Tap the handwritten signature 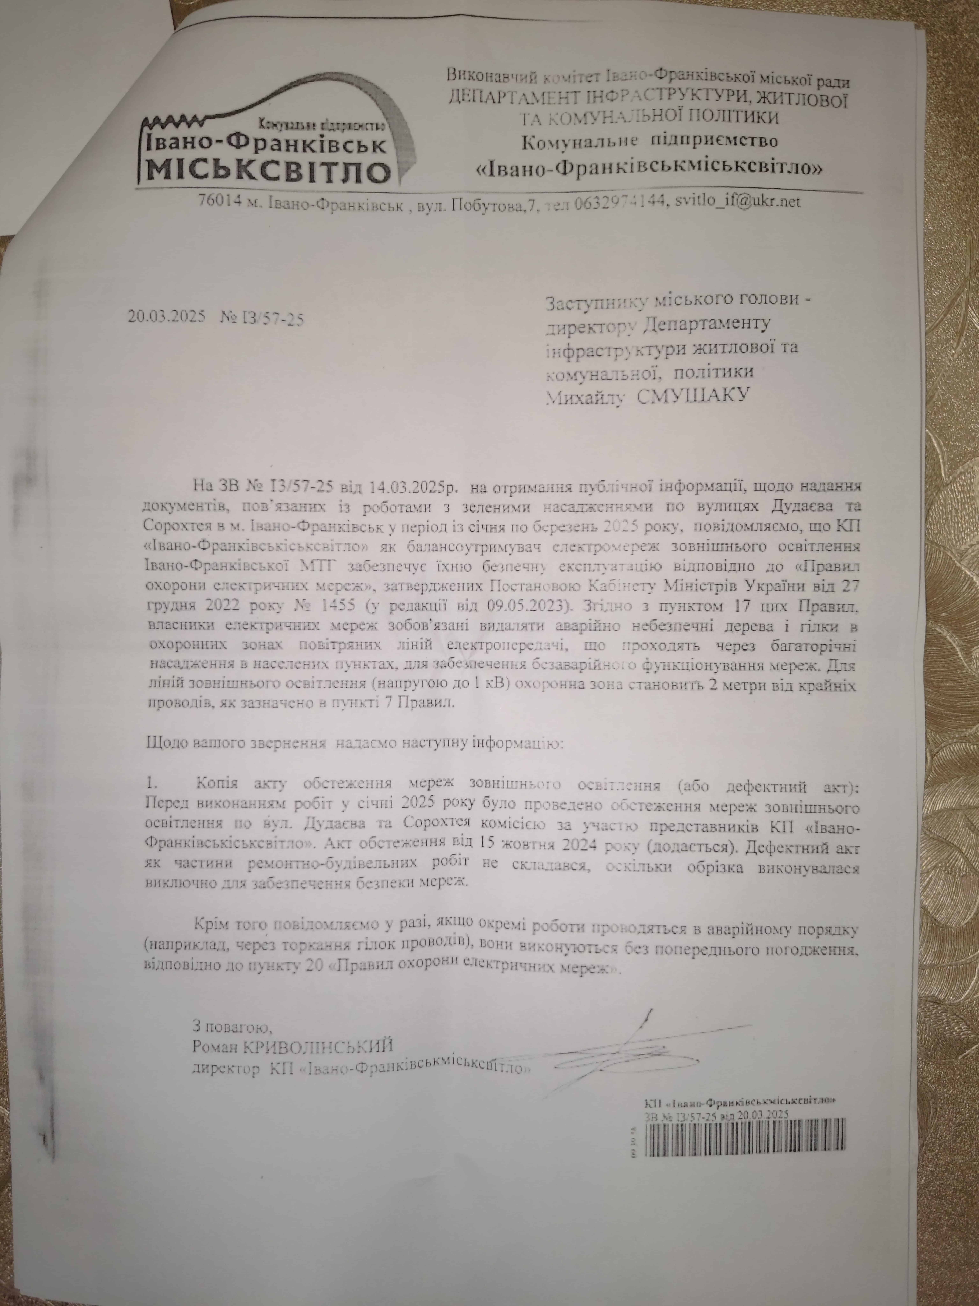[637, 980]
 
